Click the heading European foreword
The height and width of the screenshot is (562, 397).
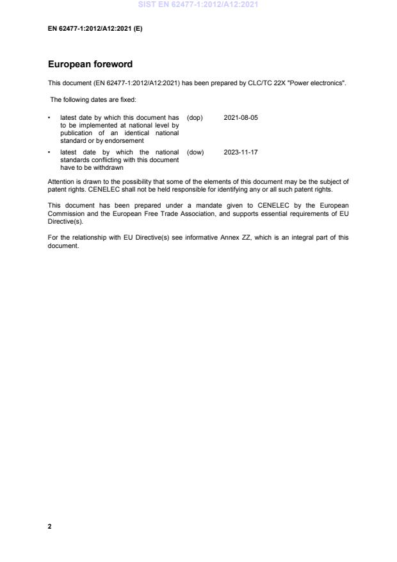[x=90, y=65]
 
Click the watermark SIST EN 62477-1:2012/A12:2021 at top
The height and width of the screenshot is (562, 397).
[x=198, y=5]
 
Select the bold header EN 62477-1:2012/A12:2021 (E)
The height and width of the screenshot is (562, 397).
[x=95, y=28]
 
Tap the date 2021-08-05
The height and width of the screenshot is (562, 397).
[x=241, y=118]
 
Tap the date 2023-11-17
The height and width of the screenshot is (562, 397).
[x=241, y=152]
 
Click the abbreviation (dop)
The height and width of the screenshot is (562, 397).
[x=195, y=118]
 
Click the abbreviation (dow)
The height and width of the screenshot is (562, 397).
[x=195, y=152]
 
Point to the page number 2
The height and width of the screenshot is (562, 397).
[x=50, y=526]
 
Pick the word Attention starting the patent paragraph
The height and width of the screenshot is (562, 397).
[x=61, y=182]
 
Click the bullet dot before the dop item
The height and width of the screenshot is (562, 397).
[x=50, y=118]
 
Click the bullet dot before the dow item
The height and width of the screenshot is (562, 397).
[x=50, y=152]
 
